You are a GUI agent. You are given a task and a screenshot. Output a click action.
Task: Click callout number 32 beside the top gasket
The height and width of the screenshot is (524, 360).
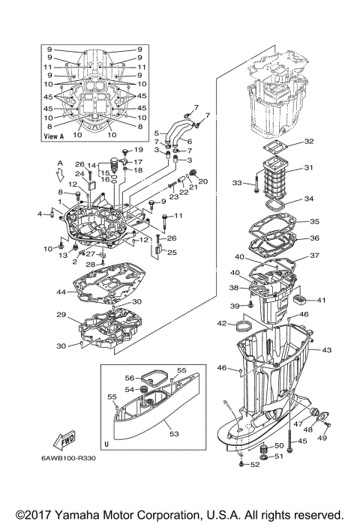[309, 141]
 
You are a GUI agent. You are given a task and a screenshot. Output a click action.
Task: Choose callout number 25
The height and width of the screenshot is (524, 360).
[171, 253]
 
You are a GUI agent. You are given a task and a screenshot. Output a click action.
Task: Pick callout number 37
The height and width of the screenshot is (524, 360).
[315, 256]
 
